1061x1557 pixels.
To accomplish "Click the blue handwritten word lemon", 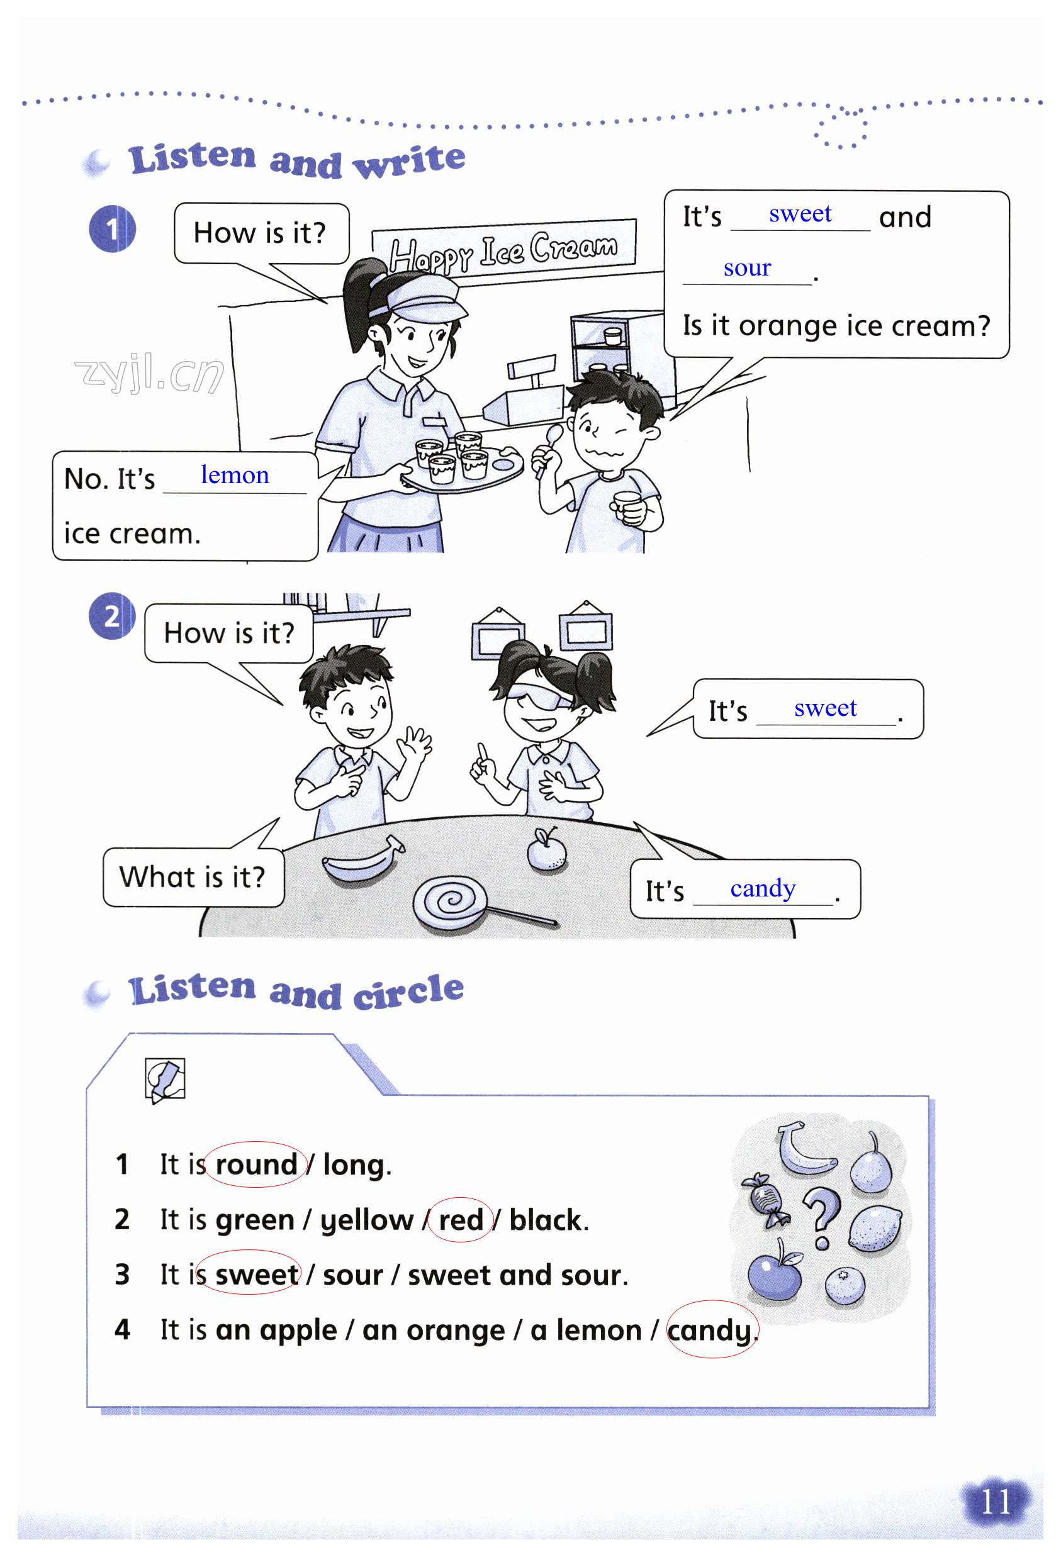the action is coord(235,475).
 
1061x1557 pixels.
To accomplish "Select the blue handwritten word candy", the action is coord(763,889).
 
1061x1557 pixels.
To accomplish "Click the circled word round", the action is coord(256,1164).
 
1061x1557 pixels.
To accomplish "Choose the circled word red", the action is coord(461,1219).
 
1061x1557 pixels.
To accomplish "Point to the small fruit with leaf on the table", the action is coord(546,849).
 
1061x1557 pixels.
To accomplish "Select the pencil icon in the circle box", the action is coord(165,1080).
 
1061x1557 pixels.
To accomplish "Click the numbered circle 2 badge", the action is coord(112,616).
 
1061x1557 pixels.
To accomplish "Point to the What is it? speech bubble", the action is coord(193,876).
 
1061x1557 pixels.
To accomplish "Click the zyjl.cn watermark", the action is coord(149,374).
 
